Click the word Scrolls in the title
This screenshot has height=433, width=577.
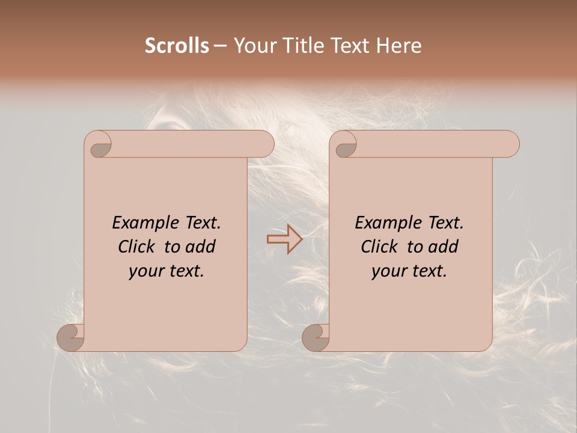coord(177,46)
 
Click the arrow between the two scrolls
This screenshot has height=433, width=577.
coord(285,240)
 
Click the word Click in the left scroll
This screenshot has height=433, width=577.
coord(138,247)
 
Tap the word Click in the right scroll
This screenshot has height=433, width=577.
coord(380,247)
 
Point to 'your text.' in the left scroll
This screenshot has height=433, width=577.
coord(166,271)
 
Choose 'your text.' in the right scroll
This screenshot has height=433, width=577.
coord(409,271)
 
